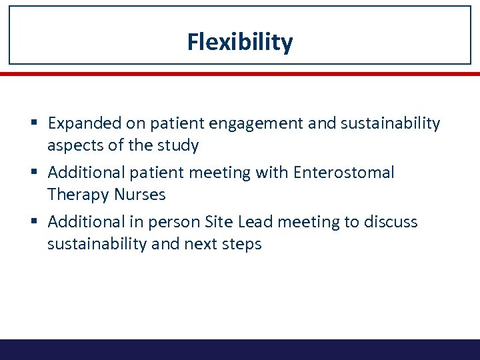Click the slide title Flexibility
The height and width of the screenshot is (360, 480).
[x=239, y=42]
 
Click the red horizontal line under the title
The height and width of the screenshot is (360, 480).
[x=239, y=74]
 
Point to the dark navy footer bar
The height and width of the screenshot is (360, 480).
[x=239, y=349]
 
